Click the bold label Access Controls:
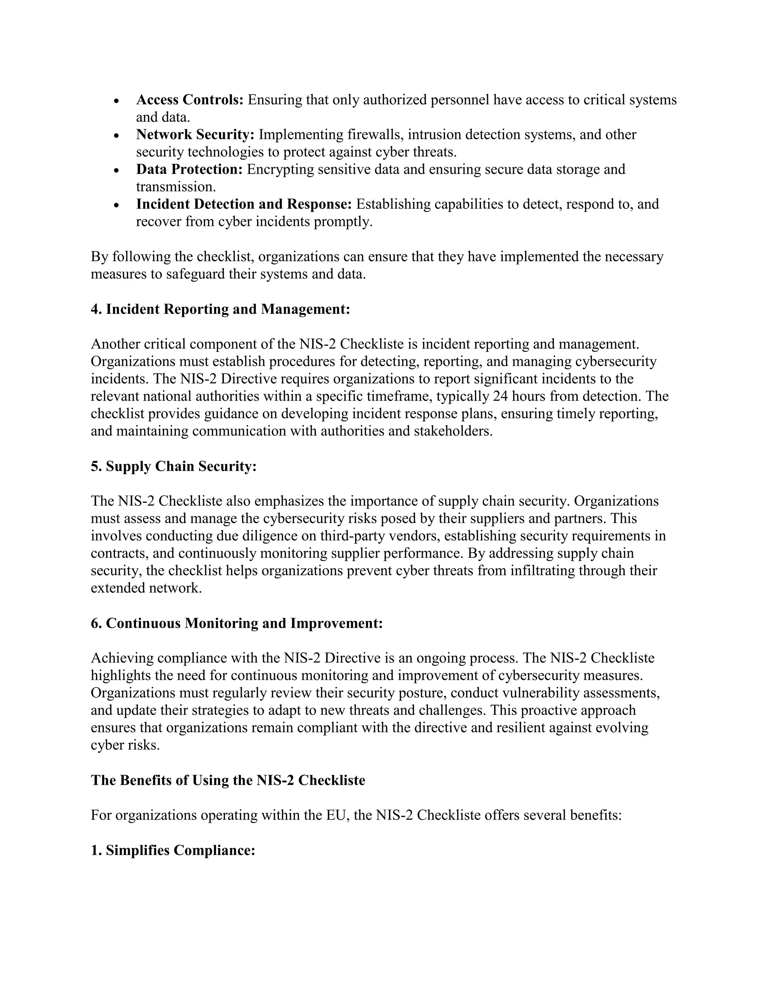(190, 100)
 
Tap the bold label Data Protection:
(189, 169)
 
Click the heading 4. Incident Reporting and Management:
(220, 309)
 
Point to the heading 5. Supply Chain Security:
(174, 466)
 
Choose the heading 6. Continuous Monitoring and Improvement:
(236, 623)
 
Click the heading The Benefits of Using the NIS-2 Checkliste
(228, 780)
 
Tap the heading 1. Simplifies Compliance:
(173, 850)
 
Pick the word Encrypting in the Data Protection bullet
(280, 169)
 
